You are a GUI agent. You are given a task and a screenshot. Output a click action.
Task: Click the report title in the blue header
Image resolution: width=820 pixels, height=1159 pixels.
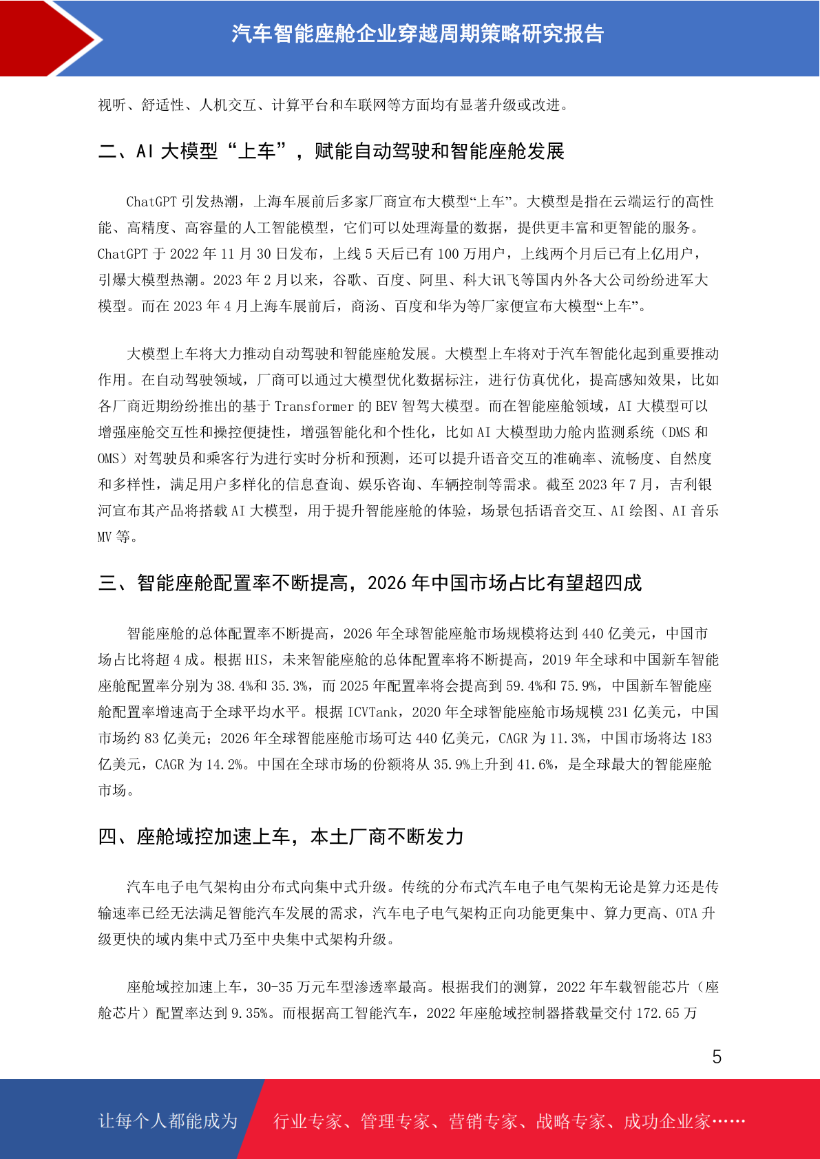coord(417,34)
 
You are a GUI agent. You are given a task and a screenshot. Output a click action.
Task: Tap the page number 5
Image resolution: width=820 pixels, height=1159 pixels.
coord(717,1056)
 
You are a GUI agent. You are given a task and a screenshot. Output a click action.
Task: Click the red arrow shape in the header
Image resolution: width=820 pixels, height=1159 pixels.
coord(48,38)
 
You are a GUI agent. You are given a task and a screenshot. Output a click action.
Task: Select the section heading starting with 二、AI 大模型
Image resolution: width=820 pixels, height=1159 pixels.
coord(331,151)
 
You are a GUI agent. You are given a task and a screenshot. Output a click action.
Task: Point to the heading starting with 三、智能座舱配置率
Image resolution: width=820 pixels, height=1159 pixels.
coord(370,583)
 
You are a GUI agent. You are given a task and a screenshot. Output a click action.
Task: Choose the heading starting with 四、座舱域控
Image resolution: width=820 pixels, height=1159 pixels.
coord(281,836)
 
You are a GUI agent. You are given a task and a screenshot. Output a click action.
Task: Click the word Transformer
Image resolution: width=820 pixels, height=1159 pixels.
coord(314,406)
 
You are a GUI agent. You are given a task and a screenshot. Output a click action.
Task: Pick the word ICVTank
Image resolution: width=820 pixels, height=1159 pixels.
coord(372,712)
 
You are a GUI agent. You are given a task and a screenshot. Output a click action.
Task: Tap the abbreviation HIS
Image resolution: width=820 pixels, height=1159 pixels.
coord(256,659)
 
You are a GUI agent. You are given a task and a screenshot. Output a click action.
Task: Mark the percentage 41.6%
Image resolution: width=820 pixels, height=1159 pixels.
coord(534,764)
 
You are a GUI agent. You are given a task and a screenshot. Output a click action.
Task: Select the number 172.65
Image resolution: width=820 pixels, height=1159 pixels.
coord(657,1013)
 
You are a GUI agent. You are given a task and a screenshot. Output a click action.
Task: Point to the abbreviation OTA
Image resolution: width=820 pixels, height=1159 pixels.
coord(686,913)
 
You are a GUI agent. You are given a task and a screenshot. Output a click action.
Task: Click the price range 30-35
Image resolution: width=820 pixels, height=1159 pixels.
coord(275,987)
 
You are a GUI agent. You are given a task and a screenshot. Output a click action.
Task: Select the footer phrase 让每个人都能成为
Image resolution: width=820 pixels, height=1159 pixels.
coord(168,1120)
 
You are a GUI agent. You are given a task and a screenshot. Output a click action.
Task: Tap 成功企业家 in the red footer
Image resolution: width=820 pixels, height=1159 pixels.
coord(666,1121)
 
